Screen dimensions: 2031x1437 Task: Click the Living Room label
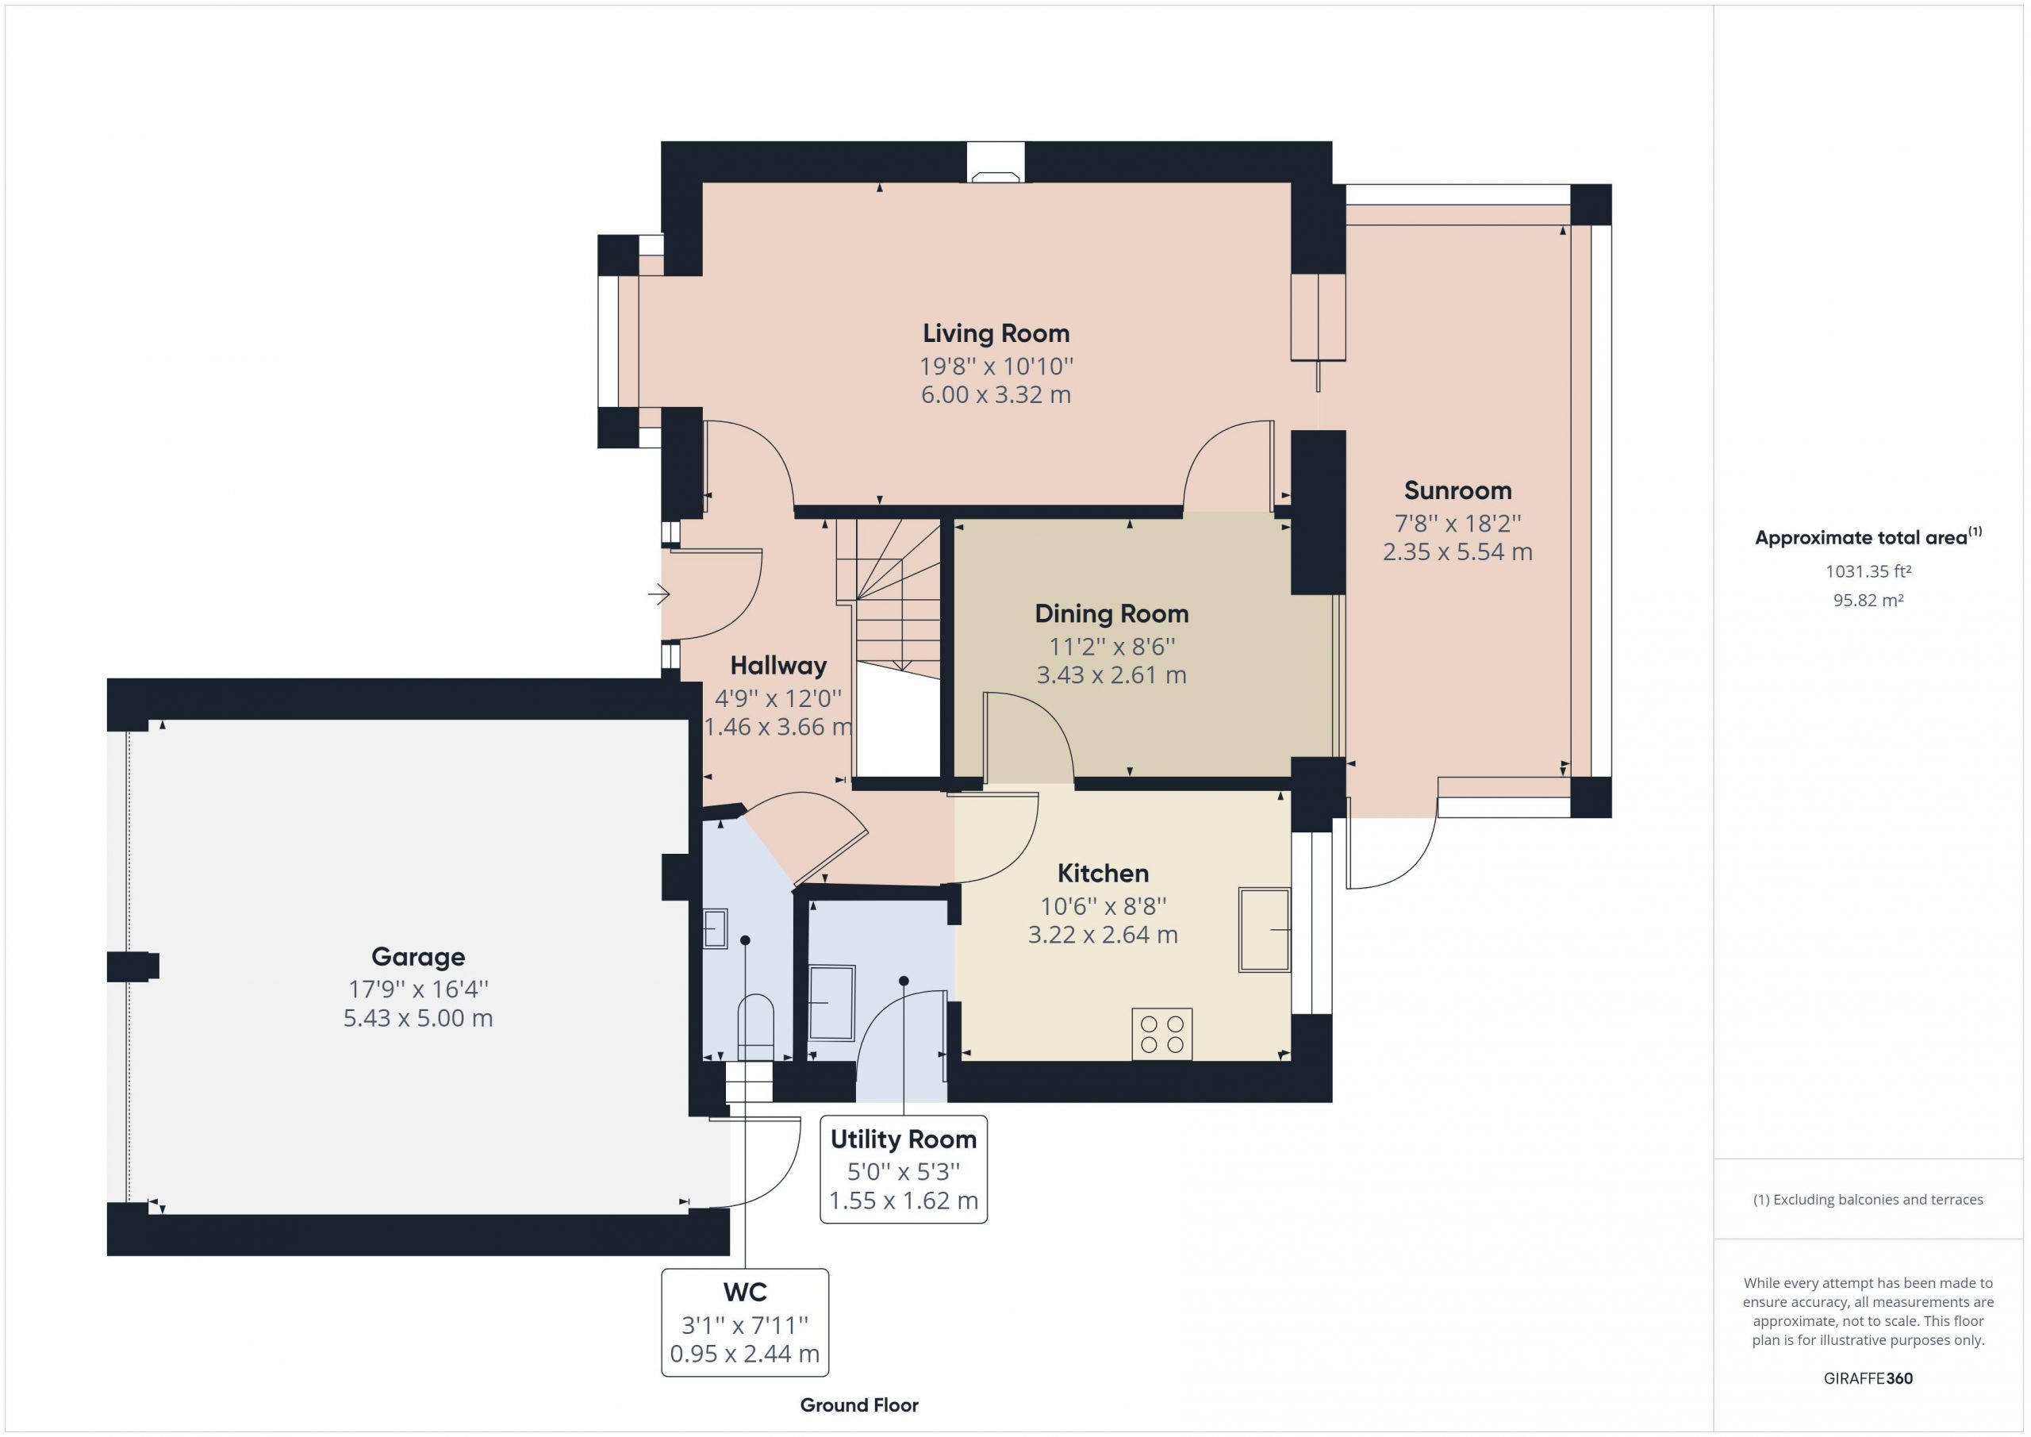pyautogui.click(x=996, y=333)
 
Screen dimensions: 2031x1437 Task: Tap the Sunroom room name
pyautogui.click(x=1457, y=490)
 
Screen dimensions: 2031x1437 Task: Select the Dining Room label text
pyautogui.click(x=1112, y=613)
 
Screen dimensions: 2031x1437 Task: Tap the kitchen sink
pyautogui.click(x=1265, y=930)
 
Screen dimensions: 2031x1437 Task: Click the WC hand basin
pyautogui.click(x=715, y=929)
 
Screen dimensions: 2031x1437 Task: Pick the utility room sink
pyautogui.click(x=831, y=1002)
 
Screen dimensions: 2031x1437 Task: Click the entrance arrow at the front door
pyautogui.click(x=659, y=594)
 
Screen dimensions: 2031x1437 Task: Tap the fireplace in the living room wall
pyautogui.click(x=996, y=163)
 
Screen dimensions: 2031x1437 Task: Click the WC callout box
pyautogui.click(x=745, y=1322)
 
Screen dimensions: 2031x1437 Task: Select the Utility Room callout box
pyautogui.click(x=903, y=1170)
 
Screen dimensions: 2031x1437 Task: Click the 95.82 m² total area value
pyautogui.click(x=1868, y=600)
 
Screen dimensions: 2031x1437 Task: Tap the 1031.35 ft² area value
pyautogui.click(x=1868, y=571)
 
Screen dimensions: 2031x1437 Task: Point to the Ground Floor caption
pyautogui.click(x=859, y=1405)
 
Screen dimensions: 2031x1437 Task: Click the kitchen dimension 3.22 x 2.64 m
pyautogui.click(x=1103, y=935)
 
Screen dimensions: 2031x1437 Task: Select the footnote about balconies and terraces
pyautogui.click(x=1868, y=1200)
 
